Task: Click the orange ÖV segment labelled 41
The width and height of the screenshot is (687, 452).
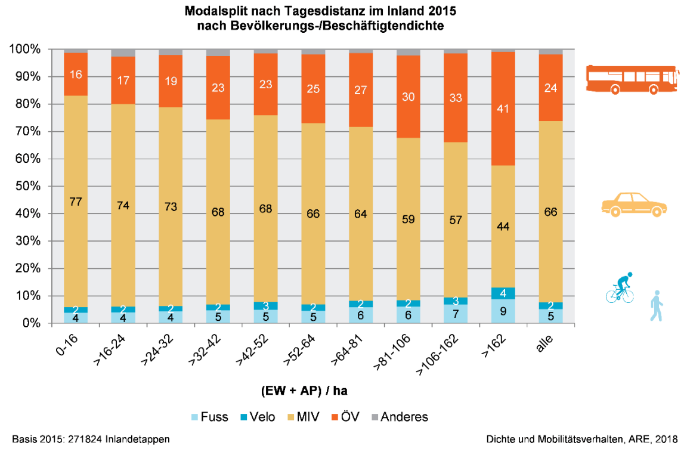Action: (503, 109)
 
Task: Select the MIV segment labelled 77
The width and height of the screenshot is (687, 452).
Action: (76, 202)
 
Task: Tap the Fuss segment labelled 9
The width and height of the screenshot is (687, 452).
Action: (503, 311)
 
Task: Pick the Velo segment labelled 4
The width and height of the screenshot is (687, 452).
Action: (503, 293)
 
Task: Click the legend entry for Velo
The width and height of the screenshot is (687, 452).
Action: (256, 417)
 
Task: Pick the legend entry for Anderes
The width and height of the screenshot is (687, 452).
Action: (399, 417)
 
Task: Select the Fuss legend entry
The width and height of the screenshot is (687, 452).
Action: (209, 417)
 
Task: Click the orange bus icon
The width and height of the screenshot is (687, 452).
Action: (632, 79)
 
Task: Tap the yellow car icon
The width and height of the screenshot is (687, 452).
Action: (633, 203)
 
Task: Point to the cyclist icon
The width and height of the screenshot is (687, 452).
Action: (620, 288)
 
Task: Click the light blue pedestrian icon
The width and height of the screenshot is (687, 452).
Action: (657, 305)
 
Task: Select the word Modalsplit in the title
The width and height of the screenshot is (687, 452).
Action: (213, 11)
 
